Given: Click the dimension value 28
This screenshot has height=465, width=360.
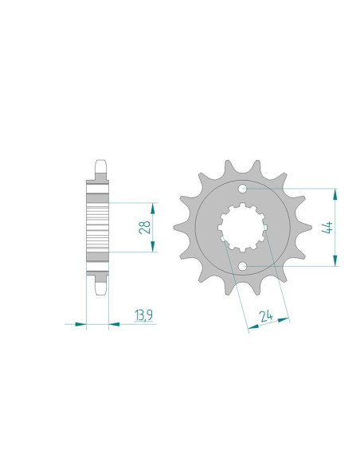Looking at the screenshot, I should [x=145, y=228].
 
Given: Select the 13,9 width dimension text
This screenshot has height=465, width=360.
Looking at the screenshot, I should [x=144, y=318].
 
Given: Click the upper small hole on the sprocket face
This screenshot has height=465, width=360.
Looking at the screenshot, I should [x=243, y=189].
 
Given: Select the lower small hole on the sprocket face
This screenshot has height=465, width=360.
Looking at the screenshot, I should [x=243, y=266].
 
